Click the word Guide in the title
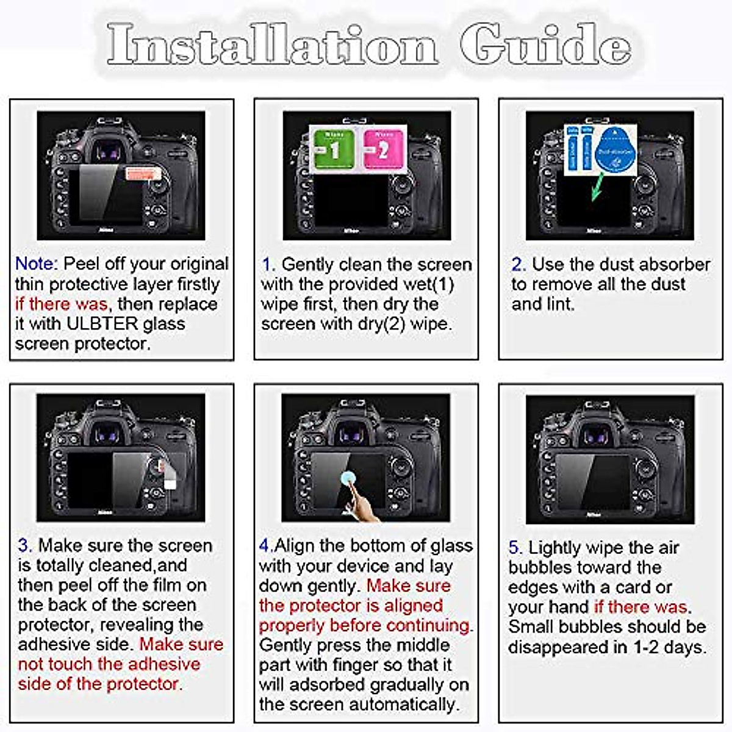(545, 44)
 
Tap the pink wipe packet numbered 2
(383, 149)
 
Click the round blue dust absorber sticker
(614, 150)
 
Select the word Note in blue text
(35, 264)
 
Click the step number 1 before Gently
(268, 265)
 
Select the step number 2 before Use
(517, 265)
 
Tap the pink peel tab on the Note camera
(143, 174)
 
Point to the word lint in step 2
(559, 304)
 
